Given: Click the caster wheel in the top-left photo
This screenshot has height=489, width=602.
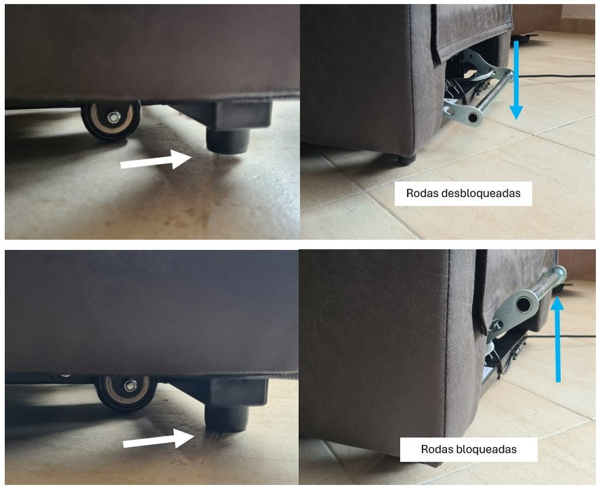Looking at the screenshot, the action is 110,119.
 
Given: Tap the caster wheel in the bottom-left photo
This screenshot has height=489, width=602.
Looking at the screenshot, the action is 126,391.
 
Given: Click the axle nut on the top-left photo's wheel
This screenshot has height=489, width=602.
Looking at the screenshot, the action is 114,117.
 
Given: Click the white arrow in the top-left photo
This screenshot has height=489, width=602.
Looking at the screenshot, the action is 156,160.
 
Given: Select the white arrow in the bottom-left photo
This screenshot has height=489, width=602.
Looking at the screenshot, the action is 158,439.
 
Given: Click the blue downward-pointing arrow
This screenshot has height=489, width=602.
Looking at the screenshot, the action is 516,80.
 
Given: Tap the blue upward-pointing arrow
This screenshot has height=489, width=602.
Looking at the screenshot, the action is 557,340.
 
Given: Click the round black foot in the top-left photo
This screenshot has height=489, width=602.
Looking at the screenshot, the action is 228,141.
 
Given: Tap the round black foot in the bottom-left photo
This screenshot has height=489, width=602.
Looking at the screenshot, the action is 226,418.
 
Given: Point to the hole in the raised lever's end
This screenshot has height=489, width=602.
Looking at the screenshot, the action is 523,305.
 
